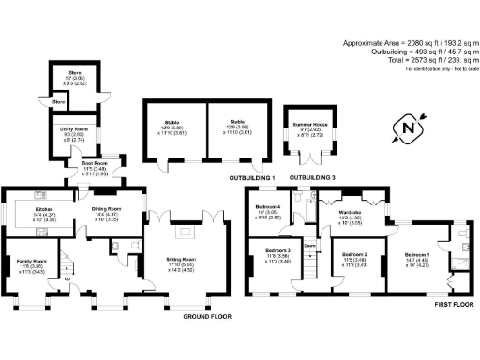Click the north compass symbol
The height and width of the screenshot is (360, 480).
406,125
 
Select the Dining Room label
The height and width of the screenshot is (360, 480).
106,209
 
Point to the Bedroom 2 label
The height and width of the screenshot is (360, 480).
353,255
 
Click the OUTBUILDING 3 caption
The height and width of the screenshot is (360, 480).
311,177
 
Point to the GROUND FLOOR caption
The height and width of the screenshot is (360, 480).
205,316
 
